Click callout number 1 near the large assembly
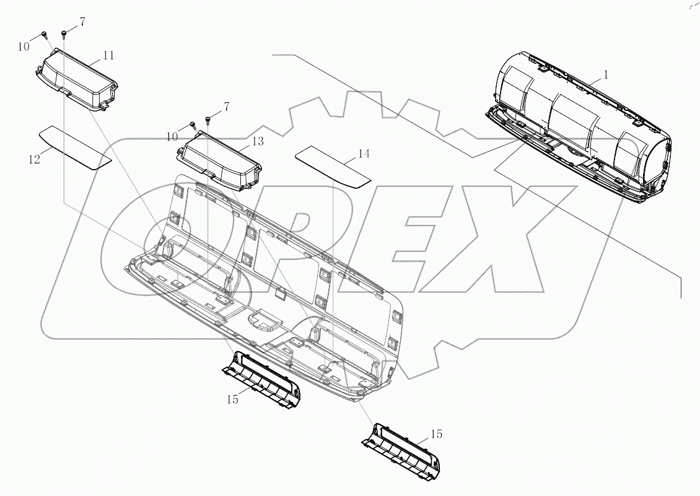pos(606,74)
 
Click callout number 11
pos(108,55)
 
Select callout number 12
pos(34,159)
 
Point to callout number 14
pos(364,153)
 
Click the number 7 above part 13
pos(226,107)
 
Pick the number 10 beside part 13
pos(172,136)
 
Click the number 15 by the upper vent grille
pos(232,399)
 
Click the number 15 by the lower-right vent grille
pos(436,434)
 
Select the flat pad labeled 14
pos(333,165)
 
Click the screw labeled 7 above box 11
pos(64,32)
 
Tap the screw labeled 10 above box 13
pos(193,124)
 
